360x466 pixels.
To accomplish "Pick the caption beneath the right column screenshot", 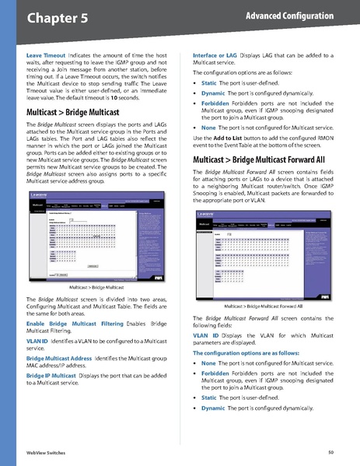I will pyautogui.click(x=264, y=308).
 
